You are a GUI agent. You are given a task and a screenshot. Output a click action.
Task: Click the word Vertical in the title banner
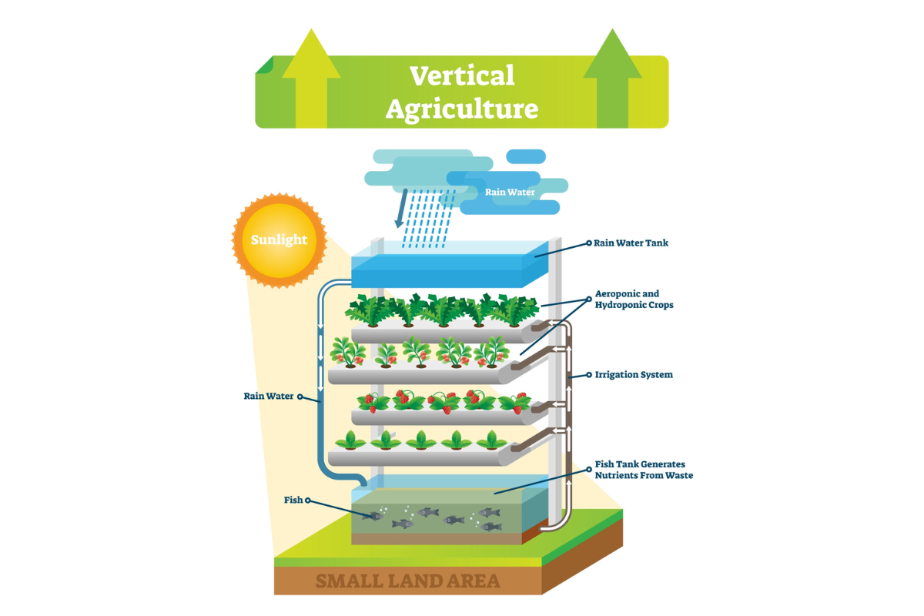coord(461,75)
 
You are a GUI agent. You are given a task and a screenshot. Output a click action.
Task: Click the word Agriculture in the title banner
coord(461,109)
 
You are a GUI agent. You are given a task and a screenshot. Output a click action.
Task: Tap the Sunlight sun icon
coord(279,239)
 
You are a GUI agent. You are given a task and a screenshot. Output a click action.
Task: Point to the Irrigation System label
coord(634,375)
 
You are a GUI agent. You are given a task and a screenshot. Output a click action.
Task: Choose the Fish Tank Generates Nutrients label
coord(644,470)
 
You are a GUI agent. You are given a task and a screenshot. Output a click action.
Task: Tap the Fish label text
coord(293,500)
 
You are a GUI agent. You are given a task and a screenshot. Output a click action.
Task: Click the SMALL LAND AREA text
coord(407,581)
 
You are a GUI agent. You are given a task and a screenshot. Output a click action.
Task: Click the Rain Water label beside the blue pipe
coord(269,397)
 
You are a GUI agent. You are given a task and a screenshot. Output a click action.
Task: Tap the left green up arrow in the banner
coord(311,77)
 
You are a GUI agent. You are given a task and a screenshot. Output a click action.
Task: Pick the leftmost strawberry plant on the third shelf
coord(370,402)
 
